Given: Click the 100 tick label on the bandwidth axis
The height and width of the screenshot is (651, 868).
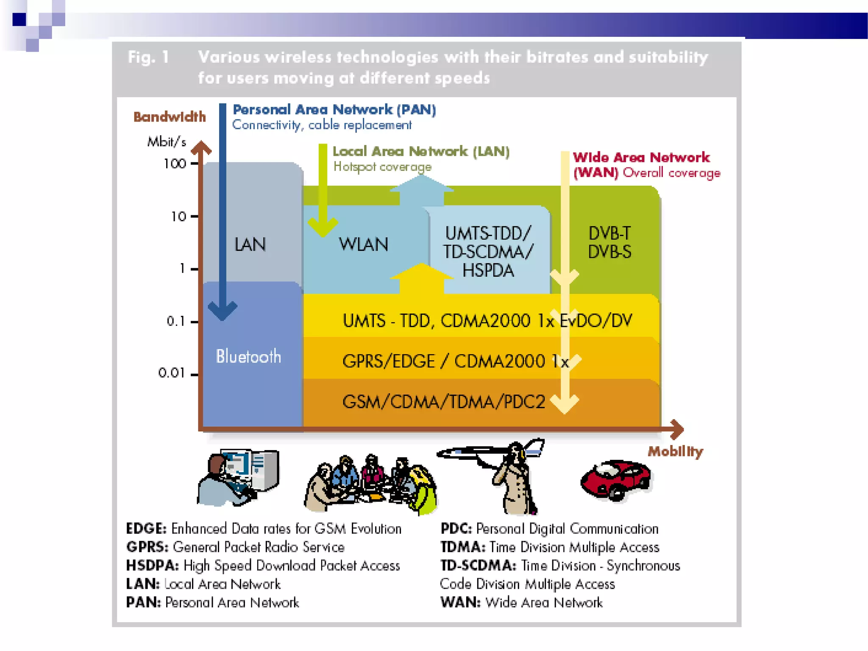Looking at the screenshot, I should (175, 164).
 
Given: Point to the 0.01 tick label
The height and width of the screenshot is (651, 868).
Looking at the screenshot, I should (172, 373).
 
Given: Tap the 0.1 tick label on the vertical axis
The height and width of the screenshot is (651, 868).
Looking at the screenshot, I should (176, 321).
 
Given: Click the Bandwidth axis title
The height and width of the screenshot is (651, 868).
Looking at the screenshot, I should (170, 117).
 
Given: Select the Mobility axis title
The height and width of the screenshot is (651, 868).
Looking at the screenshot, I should (675, 451).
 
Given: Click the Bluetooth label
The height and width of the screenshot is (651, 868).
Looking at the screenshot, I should (248, 356).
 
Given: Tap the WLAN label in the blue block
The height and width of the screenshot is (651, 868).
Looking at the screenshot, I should (363, 244).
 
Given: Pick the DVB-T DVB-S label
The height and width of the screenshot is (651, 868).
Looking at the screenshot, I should (609, 242).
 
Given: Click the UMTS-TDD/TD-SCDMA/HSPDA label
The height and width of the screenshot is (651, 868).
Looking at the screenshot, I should (488, 252).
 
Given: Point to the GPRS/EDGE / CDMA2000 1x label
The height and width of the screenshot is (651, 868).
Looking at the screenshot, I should (455, 361).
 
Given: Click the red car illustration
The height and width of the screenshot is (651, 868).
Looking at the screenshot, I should (616, 480).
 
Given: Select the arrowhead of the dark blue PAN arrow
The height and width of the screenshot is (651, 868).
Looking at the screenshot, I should (223, 312).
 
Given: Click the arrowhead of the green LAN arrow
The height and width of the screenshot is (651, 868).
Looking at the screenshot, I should (323, 228).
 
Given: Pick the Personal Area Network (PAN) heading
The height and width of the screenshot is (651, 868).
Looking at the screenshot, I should (334, 110).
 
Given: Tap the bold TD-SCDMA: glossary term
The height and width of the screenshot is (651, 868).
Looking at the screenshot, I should (478, 565).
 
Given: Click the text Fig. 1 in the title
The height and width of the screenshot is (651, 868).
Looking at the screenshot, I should (148, 57).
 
